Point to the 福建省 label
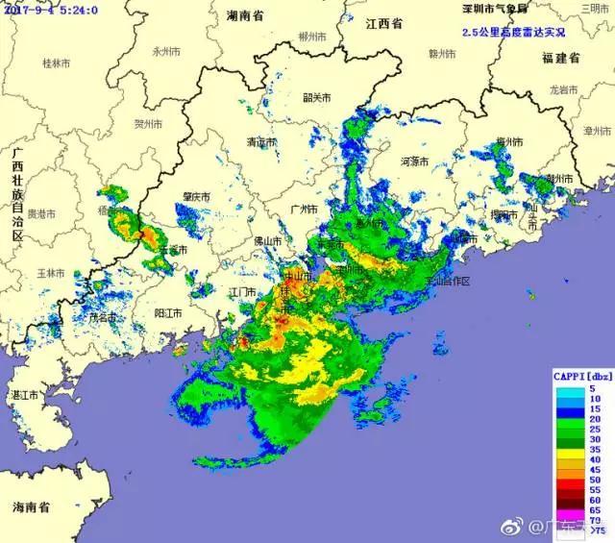[560, 59]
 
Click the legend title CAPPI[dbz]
[581, 376]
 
